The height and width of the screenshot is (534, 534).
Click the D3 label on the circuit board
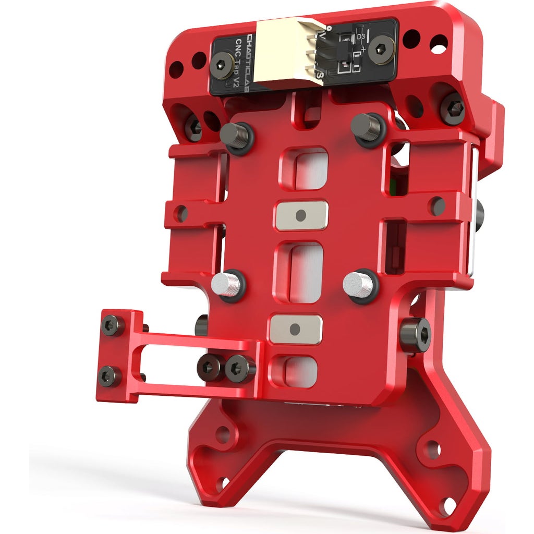pyautogui.click(x=360, y=37)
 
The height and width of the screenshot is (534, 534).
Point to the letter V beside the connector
pyautogui.click(x=322, y=35)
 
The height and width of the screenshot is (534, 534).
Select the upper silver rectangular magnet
pyautogui.click(x=301, y=215)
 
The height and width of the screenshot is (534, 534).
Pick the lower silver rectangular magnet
pyautogui.click(x=295, y=329)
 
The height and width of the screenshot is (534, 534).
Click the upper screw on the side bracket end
pyautogui.click(x=113, y=325)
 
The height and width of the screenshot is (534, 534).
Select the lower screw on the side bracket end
pyautogui.click(x=110, y=375)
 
